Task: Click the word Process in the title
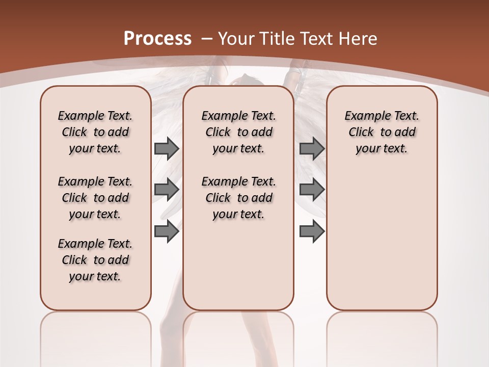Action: (157, 39)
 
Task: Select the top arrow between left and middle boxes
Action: (167, 148)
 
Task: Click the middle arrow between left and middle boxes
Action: (167, 190)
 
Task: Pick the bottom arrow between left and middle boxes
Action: (167, 231)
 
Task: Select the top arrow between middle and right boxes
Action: (312, 148)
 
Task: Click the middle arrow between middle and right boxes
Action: (312, 190)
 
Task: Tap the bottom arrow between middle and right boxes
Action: (312, 231)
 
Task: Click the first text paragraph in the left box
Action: (95, 132)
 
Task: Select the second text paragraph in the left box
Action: (95, 198)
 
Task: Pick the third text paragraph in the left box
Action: (95, 260)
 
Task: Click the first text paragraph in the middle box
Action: (238, 132)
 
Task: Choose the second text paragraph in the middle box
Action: (238, 198)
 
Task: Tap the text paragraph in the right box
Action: (382, 132)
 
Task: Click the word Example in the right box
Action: (364, 116)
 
